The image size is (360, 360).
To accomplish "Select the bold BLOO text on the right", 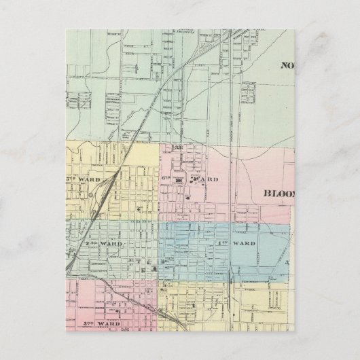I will (278, 192).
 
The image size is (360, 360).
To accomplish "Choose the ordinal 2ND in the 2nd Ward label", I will (90, 242).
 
